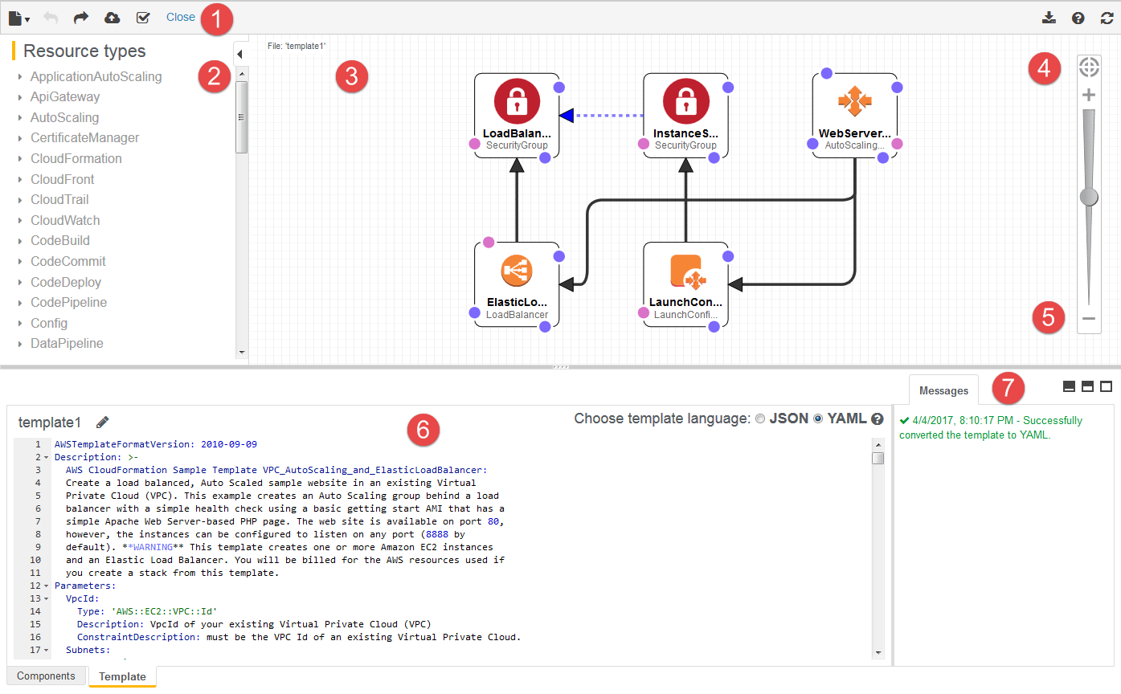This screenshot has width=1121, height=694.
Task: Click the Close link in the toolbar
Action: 181,17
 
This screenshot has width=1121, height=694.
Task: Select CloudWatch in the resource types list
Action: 65,220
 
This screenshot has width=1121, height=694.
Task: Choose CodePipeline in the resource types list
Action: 68,303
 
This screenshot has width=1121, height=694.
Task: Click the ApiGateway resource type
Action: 65,97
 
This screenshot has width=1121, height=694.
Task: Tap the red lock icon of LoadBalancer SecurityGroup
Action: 517,102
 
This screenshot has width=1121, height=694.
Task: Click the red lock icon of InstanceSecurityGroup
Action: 685,102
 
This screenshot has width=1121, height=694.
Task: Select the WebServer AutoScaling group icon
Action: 854,100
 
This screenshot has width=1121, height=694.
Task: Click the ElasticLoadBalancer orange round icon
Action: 517,271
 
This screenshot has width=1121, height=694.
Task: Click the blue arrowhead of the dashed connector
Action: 567,116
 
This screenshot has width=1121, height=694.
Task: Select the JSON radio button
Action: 760,418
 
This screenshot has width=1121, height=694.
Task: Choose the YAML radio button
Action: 818,418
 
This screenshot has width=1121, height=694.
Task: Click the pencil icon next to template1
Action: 102,422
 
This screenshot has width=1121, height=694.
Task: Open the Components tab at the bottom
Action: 46,676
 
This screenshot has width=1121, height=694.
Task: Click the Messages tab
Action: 943,390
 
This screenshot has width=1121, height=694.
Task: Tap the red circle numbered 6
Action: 423,431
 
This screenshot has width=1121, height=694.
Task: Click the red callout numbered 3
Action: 351,77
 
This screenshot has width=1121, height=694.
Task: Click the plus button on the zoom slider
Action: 1089,96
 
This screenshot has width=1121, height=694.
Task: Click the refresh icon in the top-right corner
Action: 1107,18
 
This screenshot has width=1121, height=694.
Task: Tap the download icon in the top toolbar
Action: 1048,18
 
